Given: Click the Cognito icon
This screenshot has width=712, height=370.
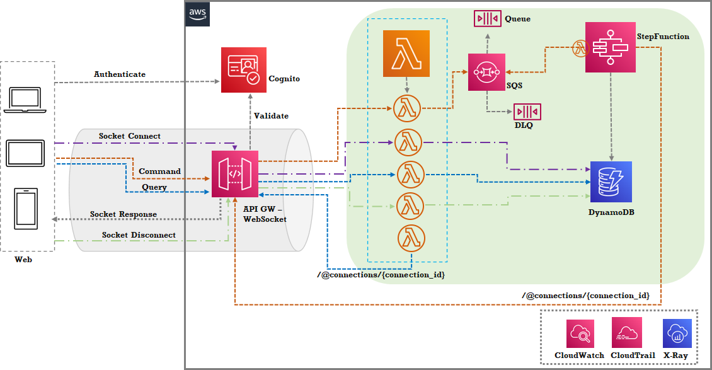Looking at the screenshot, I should [243, 70].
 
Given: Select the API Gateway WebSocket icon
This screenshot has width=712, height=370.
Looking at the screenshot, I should [235, 174].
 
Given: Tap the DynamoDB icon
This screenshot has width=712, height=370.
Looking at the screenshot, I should [611, 182].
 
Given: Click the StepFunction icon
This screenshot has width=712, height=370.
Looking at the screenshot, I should [610, 47].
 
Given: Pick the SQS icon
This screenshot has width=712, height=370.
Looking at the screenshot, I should [487, 72].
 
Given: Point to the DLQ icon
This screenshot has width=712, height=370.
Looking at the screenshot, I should [527, 112].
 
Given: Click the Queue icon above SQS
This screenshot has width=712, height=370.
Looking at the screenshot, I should [487, 18].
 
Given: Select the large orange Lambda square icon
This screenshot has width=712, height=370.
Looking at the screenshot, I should [406, 54].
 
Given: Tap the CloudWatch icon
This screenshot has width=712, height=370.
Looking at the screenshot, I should [579, 333].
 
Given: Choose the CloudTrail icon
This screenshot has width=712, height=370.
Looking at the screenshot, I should [626, 333].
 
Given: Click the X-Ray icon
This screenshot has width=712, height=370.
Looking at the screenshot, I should [677, 333].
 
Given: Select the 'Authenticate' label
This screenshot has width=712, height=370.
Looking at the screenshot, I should [120, 74].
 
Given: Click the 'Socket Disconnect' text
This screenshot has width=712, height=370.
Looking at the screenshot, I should [139, 235].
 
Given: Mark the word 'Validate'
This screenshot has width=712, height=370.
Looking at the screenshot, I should [271, 116].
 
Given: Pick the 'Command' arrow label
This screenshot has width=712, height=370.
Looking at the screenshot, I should [159, 171].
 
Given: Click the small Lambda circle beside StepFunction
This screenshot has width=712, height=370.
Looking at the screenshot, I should [580, 47].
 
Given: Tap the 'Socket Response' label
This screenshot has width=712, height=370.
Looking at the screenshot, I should [123, 214].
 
